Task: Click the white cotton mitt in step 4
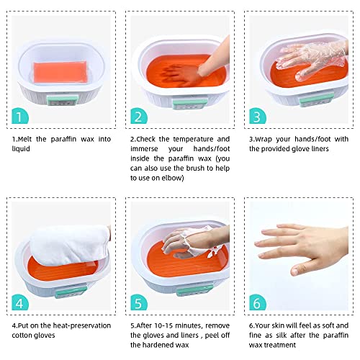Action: pyautogui.click(x=54, y=248)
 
